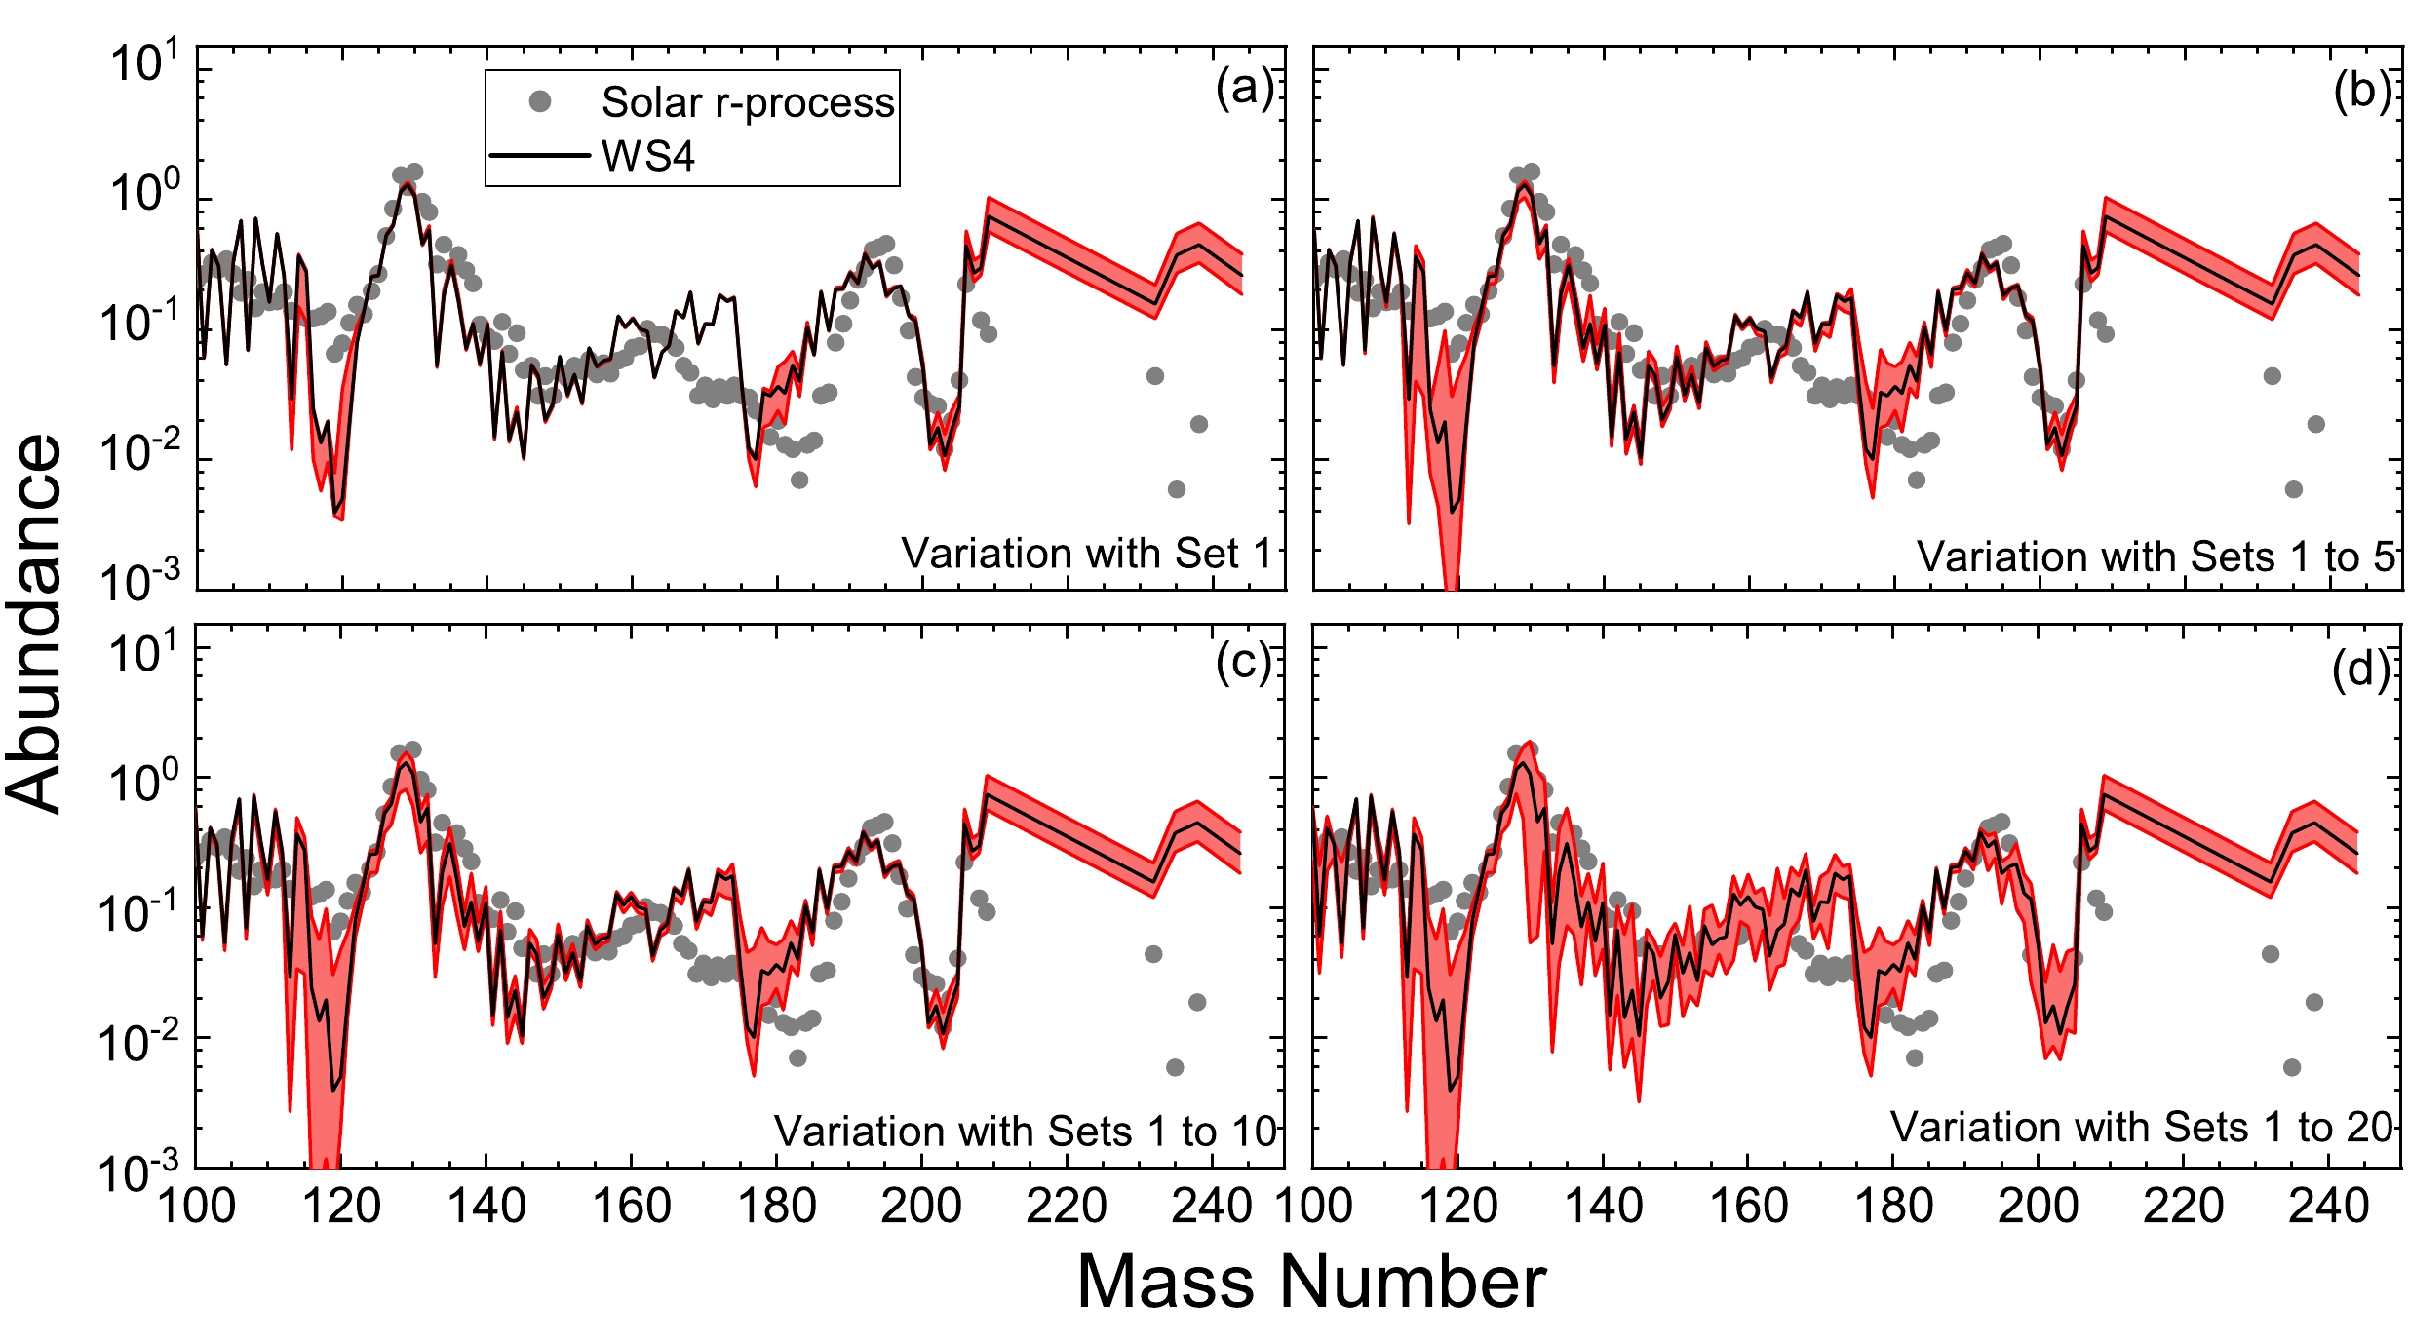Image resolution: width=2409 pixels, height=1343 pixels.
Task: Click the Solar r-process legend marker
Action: tap(540, 101)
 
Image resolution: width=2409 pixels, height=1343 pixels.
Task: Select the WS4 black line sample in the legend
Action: tap(539, 155)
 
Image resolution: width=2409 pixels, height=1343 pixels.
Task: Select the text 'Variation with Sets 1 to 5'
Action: tap(2156, 557)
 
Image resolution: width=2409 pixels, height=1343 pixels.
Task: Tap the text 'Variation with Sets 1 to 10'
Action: tap(1025, 1132)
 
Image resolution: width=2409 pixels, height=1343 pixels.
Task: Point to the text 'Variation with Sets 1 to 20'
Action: tap(2142, 1128)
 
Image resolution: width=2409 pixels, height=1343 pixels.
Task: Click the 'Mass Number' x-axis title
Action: tap(1311, 1282)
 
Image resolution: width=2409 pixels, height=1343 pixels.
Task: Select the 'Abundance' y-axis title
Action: tap(34, 624)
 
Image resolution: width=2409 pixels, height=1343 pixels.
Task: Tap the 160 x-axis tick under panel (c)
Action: tap(632, 1207)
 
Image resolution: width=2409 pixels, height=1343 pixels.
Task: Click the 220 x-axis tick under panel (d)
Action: tap(2183, 1207)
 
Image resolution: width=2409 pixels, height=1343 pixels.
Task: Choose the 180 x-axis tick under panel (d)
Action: tap(1893, 1207)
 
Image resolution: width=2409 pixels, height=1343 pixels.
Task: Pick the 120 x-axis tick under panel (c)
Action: tap(341, 1207)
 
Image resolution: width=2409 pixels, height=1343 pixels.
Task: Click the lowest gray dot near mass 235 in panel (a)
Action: tap(1177, 489)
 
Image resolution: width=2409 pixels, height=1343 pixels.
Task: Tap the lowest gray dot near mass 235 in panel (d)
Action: tap(2292, 1067)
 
